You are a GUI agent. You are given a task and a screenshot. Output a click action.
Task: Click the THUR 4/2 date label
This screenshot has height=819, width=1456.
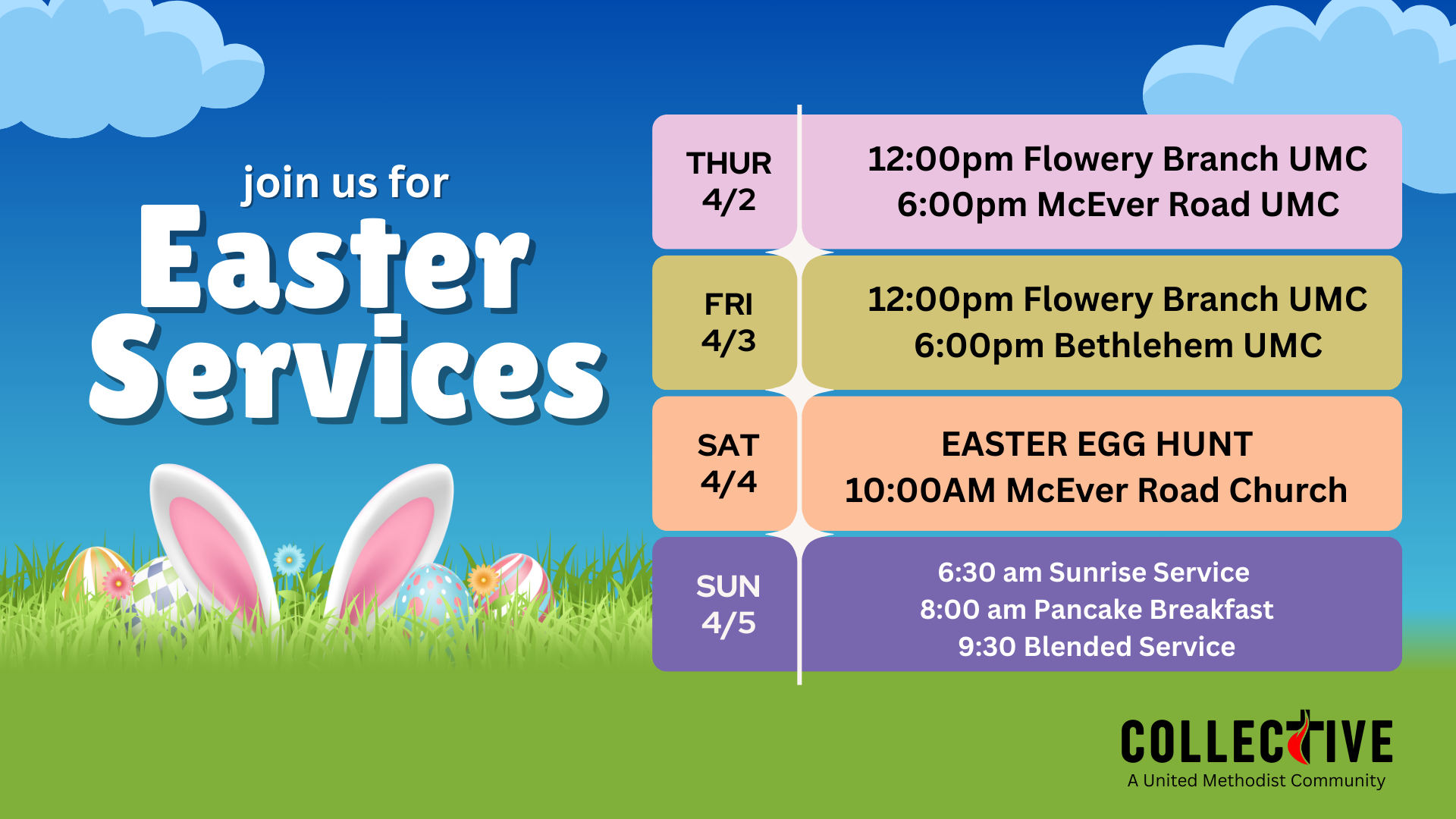point(728,182)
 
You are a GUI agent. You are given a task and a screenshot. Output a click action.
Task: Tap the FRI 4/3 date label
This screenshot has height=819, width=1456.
point(728,323)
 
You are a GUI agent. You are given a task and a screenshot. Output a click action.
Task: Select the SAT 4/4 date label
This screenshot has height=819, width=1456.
point(728,463)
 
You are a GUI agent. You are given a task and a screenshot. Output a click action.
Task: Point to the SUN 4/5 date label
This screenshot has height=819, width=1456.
point(728,604)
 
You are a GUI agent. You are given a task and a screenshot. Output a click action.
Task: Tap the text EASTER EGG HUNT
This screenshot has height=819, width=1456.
point(1097,444)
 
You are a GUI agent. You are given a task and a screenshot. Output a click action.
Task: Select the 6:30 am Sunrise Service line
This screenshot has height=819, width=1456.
point(1094,573)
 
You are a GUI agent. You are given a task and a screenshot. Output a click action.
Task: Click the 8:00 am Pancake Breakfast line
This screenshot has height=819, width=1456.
point(1097,610)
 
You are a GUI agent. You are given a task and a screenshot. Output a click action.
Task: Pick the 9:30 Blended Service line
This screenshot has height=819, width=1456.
point(1097,647)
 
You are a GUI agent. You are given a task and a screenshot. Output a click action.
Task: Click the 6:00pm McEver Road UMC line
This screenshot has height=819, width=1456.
point(1118,205)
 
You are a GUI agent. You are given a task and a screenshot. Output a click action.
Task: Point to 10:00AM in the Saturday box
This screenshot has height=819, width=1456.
point(919,491)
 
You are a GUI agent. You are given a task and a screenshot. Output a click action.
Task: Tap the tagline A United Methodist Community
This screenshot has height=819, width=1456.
point(1256,780)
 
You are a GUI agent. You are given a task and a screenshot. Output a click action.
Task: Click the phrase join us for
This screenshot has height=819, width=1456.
point(346,184)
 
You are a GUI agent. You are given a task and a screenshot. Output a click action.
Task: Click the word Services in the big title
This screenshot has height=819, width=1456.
point(347,372)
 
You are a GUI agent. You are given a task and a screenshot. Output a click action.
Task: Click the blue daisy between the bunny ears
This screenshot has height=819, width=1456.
point(289,560)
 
